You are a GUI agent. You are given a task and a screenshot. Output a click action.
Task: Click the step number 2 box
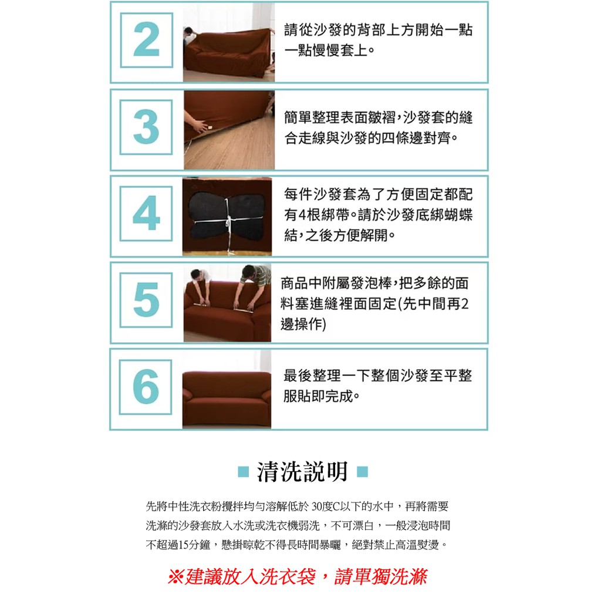click(x=146, y=40)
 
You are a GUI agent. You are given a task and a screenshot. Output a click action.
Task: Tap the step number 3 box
click(x=146, y=127)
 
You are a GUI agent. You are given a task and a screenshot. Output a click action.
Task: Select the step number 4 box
click(x=146, y=214)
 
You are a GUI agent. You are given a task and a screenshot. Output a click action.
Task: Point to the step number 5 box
click(x=146, y=300)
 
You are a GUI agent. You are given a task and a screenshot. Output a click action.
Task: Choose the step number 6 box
click(x=146, y=387)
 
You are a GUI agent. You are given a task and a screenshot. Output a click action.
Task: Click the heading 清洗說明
click(x=302, y=472)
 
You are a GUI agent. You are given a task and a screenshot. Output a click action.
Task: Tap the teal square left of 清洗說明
click(x=244, y=471)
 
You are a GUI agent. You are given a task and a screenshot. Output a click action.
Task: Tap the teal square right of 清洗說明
click(x=362, y=471)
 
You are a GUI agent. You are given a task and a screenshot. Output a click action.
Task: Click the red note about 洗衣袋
click(x=298, y=577)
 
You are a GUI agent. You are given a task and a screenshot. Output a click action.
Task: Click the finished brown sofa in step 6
click(x=227, y=399)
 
